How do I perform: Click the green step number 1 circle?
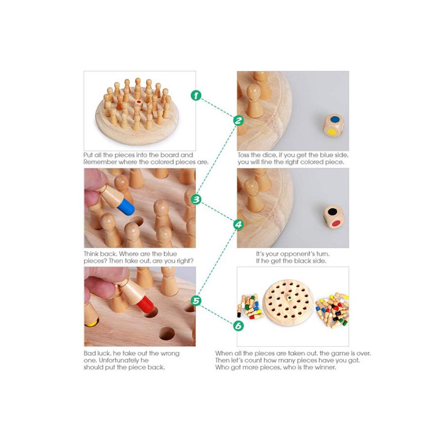tap(196, 95)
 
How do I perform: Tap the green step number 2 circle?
tap(238, 120)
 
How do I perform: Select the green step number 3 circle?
tap(196, 199)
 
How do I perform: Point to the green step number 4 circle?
tap(238, 224)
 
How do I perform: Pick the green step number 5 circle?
tap(196, 300)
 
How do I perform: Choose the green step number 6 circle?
tap(238, 325)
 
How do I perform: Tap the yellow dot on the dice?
tap(331, 132)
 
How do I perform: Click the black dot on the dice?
tap(332, 211)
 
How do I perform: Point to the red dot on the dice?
tap(336, 224)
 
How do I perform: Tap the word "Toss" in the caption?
tap(243, 155)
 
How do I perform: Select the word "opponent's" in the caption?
tap(297, 254)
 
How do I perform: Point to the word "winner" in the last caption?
tap(325, 367)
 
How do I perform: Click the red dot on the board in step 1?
tap(139, 101)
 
